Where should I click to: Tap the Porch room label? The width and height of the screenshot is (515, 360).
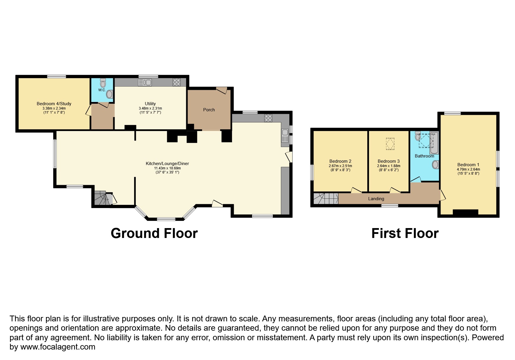tap(209, 110)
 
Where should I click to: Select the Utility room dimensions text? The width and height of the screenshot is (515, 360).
tap(150, 110)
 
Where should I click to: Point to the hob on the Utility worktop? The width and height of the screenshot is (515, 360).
tap(177, 82)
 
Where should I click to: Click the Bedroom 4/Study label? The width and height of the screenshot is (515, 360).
tap(54, 104)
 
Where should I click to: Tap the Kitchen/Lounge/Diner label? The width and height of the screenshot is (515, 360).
tap(167, 164)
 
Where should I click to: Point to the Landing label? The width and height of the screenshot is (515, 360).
tap(376, 199)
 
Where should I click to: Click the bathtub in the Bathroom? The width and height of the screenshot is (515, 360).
tap(434, 143)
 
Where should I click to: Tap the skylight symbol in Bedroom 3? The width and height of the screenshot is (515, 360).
tap(390, 144)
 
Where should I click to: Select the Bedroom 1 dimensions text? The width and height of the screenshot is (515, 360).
tap(468, 171)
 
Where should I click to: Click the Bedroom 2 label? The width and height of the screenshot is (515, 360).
tap(340, 161)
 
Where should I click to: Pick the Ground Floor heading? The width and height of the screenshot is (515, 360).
tap(154, 233)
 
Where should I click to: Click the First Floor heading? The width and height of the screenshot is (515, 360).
tap(405, 233)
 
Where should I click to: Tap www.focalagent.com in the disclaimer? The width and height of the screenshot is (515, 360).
tap(58, 347)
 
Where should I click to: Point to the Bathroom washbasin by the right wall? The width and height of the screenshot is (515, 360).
tap(435, 165)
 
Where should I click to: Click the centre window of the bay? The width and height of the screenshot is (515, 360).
tap(166, 219)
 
